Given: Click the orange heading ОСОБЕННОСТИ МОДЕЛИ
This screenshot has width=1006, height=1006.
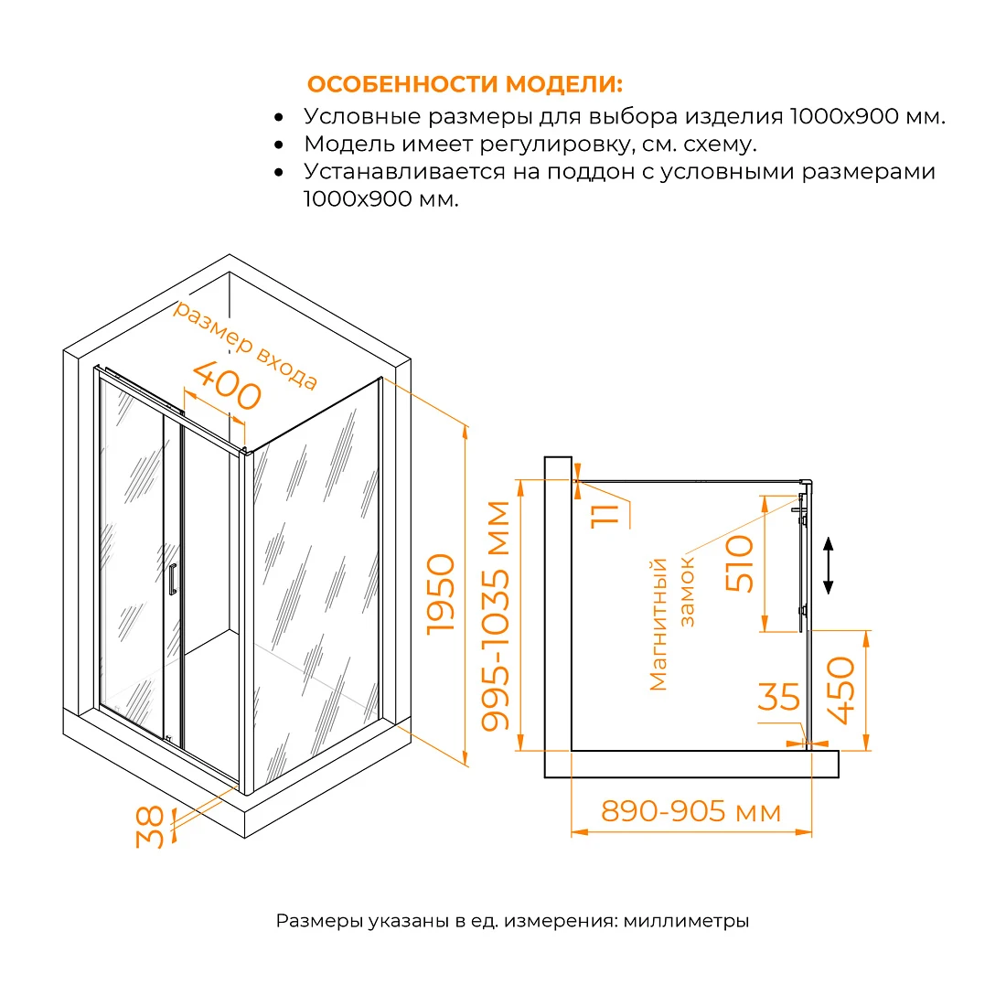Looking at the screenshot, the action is coord(465,84).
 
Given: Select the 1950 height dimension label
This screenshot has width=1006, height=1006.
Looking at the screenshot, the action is coord(442,594).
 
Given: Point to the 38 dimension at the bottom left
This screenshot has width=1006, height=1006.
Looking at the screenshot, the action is coord(150,827).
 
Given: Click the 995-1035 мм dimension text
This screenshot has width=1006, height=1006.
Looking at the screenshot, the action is coord(496,615).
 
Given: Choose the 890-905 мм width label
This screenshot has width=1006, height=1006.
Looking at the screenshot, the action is coord(691,811).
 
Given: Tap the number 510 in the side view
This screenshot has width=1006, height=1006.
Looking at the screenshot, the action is coord(739,563).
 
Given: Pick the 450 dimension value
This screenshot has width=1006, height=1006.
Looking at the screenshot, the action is coord(841,690).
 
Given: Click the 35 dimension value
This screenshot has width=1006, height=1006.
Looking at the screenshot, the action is coord(779,697).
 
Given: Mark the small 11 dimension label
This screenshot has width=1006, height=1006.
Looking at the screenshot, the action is coord(605,515).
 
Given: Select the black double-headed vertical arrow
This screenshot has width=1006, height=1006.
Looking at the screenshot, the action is coord(829,565).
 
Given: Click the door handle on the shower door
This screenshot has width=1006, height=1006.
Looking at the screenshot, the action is coord(172,579).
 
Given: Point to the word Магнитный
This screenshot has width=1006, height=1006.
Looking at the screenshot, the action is coord(658,625).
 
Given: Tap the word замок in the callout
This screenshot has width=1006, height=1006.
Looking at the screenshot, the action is coord(687,592).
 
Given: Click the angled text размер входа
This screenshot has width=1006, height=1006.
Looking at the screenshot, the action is coord(246,344).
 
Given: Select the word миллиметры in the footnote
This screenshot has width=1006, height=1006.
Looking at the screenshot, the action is coord(686,921).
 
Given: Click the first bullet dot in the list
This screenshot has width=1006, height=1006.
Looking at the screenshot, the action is coord(278,117).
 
